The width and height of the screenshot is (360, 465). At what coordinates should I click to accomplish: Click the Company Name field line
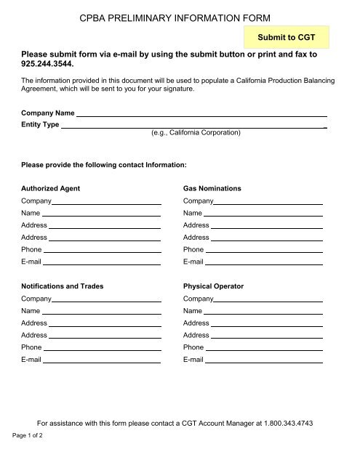pos(201,114)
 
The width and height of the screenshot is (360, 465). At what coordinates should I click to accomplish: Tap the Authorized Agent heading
pos(50,188)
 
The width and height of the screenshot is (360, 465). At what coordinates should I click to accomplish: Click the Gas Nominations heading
pos(212,188)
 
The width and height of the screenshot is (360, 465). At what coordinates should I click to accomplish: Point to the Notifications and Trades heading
pos(62,286)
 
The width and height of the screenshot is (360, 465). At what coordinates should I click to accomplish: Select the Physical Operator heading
pos(214,286)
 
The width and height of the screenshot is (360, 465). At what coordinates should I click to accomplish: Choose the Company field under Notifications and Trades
pos(106,298)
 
